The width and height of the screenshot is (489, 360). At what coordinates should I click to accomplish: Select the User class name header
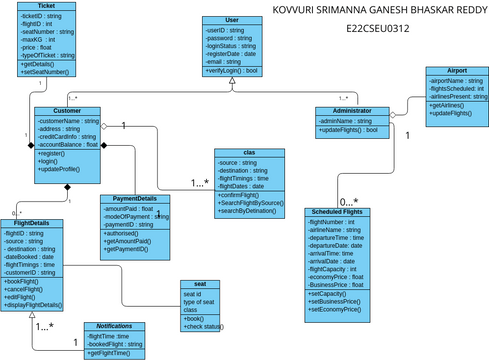click(232, 19)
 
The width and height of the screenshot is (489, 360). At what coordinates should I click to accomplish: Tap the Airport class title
click(457, 72)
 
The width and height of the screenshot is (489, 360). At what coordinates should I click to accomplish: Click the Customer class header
click(67, 111)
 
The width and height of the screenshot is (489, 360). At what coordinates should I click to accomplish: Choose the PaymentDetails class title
click(134, 198)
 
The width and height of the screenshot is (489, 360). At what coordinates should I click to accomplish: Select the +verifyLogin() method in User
click(231, 71)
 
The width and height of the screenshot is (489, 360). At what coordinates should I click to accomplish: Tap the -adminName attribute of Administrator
click(346, 120)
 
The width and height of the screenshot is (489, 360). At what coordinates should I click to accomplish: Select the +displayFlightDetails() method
click(34, 304)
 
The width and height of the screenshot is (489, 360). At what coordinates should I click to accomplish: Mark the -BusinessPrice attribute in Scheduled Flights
click(336, 286)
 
